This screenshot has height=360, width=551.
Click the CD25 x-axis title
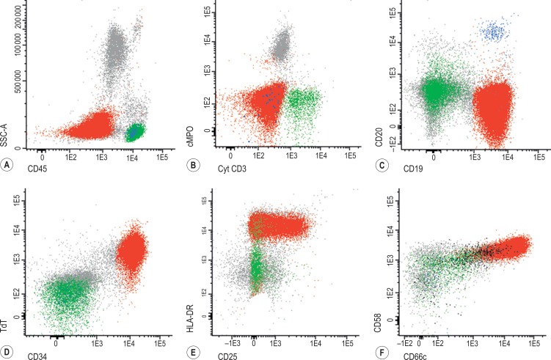point(225,355)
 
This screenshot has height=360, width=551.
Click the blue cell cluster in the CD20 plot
point(493,32)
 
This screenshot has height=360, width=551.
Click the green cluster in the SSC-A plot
point(136,133)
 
